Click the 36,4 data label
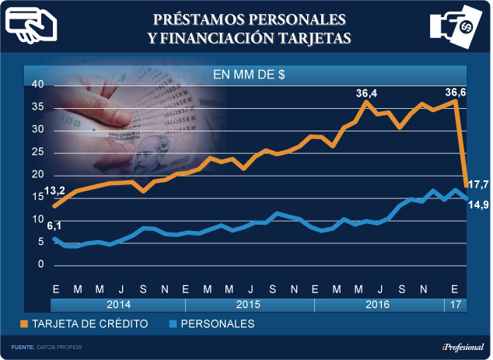click(367, 94)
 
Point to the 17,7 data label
click(477, 183)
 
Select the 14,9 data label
click(477, 204)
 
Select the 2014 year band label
click(119, 305)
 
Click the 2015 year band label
click(250, 305)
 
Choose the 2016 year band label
click(379, 305)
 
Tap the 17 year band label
click(455, 305)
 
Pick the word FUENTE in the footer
click(22, 347)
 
